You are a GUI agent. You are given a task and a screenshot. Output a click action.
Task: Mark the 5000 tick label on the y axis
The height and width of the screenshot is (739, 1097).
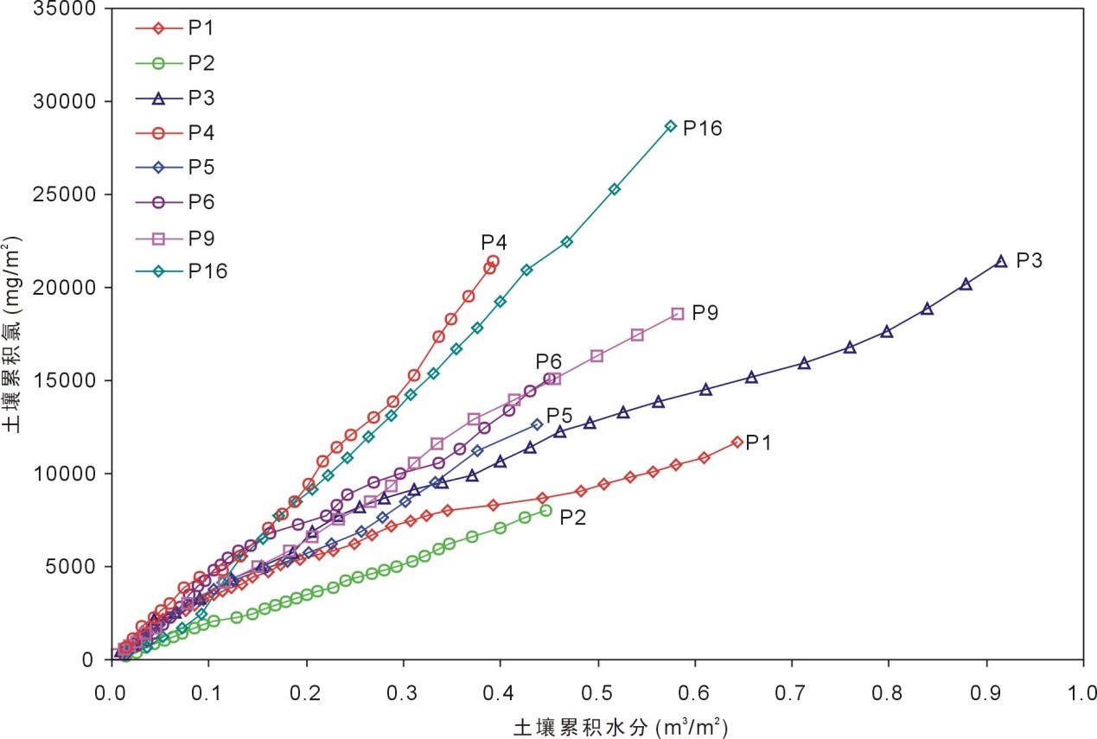[x=73, y=567]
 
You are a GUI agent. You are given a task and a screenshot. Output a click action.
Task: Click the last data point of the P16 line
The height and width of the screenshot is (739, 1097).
[x=671, y=126]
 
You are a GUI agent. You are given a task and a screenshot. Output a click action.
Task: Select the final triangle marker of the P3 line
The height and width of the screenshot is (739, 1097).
[x=1001, y=261]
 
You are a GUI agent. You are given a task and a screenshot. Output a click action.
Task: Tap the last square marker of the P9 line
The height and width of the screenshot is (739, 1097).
[x=677, y=314]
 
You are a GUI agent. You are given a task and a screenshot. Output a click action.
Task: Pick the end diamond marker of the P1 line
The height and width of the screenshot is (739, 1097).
[x=737, y=442]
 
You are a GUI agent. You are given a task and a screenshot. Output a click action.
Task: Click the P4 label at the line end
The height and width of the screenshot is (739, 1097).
[x=494, y=242]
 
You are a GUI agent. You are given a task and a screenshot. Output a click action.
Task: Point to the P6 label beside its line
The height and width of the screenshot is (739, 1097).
[x=548, y=360]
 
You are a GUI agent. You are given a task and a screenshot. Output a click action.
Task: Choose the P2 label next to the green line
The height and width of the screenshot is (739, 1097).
[x=573, y=518]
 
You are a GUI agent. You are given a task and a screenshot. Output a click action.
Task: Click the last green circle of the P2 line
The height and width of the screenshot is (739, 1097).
[x=545, y=510]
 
